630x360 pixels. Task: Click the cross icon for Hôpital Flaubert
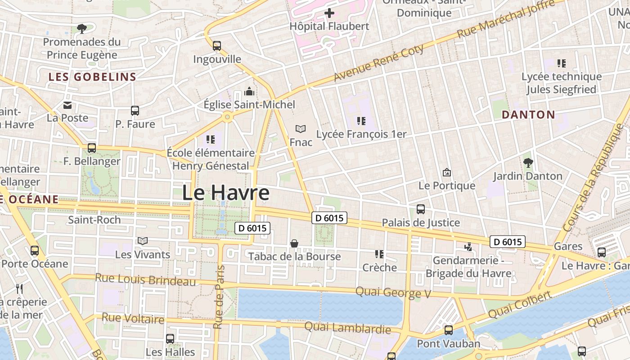[329, 13]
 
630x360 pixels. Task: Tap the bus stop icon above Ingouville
[217, 45]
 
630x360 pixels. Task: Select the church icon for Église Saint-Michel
[249, 92]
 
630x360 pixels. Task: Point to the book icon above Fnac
[301, 129]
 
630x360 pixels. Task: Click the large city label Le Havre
[226, 193]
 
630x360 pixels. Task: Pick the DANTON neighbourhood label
[528, 115]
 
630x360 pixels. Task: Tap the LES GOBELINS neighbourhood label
[92, 77]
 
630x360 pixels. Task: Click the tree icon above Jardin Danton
[528, 162]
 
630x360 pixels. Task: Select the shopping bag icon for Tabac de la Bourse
[294, 243]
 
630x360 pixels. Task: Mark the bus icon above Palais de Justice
[421, 209]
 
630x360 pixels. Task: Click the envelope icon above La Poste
[67, 105]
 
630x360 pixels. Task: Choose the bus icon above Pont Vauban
[449, 330]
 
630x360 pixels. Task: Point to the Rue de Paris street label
[219, 297]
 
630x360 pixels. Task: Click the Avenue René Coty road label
[379, 63]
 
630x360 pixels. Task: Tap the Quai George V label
[393, 292]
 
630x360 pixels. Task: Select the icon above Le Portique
[447, 172]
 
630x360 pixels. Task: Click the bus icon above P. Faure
[135, 111]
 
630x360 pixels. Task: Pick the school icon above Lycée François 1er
[361, 121]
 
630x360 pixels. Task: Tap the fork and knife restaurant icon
[19, 288]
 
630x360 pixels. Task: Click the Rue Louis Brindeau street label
[145, 279]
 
